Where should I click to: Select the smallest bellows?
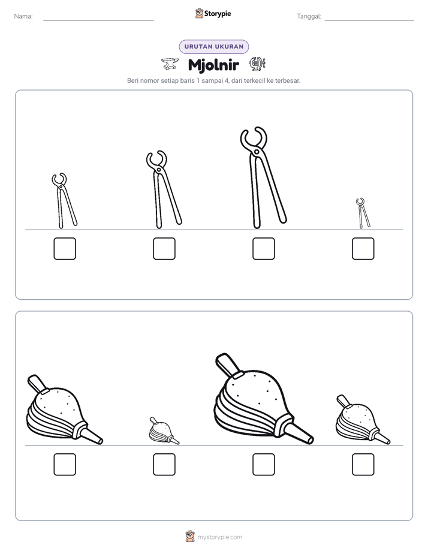click(163, 431)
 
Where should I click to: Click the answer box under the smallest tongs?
click(363, 249)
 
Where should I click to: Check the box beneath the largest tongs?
click(263, 249)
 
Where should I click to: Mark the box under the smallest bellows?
click(164, 465)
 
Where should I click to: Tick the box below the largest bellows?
click(263, 465)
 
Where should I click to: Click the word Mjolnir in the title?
click(213, 65)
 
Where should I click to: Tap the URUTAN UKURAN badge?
click(214, 47)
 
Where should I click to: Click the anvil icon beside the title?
click(170, 64)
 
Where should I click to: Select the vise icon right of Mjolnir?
click(257, 64)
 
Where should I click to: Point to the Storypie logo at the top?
click(213, 14)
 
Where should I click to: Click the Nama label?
click(23, 16)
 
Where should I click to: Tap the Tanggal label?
click(309, 16)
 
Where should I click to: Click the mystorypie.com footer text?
click(219, 537)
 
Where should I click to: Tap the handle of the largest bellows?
click(227, 365)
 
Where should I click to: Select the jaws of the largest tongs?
click(254, 137)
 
